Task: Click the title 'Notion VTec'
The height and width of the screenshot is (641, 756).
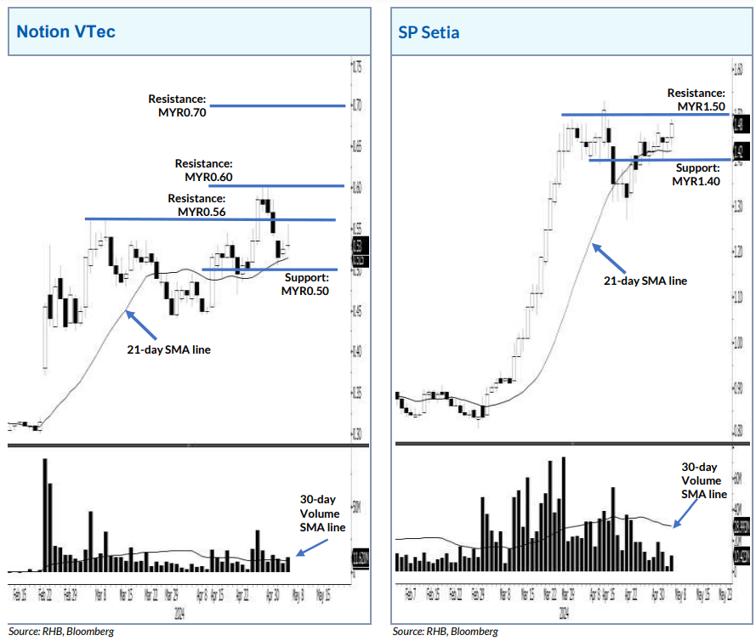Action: point(66,32)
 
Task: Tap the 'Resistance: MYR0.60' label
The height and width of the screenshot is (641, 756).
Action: point(204,170)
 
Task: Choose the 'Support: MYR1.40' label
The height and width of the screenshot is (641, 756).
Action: point(697,175)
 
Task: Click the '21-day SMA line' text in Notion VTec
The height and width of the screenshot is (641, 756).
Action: point(169,349)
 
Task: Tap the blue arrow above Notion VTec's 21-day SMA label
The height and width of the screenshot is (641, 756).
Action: point(141,324)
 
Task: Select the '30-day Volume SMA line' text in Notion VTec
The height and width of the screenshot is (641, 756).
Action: point(321,513)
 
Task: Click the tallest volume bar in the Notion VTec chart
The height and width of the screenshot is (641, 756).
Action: point(44,514)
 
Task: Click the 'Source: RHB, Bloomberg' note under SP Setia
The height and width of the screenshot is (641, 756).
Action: point(445,632)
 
